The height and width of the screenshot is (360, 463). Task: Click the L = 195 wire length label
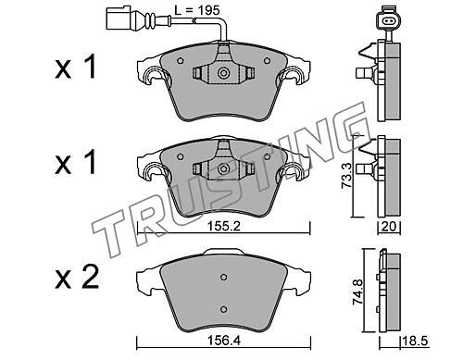197,10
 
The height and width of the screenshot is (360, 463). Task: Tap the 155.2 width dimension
223,227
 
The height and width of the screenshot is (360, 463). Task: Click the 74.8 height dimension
357,292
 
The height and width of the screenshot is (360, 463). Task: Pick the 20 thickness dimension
389,227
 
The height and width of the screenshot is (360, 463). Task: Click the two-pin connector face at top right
387,21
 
